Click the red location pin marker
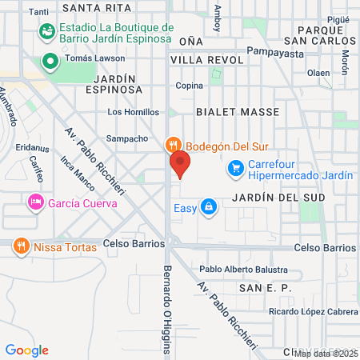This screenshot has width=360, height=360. pyautogui.click(x=180, y=164)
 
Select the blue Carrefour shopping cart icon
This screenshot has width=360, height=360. pyautogui.click(x=235, y=168)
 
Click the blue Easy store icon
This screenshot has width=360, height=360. pyautogui.click(x=209, y=208)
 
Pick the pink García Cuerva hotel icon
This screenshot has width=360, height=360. pyautogui.click(x=35, y=202)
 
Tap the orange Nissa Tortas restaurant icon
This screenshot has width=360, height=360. pyautogui.click(x=22, y=247)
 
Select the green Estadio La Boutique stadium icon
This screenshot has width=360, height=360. pyautogui.click(x=47, y=32)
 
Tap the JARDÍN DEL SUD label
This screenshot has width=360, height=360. pyautogui.click(x=270, y=197)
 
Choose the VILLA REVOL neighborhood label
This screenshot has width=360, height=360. pyautogui.click(x=206, y=60)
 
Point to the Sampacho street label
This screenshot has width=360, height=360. pyautogui.click(x=127, y=138)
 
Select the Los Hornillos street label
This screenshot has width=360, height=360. pyautogui.click(x=133, y=112)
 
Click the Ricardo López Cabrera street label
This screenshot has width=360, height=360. pyautogui.click(x=313, y=311)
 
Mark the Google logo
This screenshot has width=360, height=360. pyautogui.click(x=26, y=350)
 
